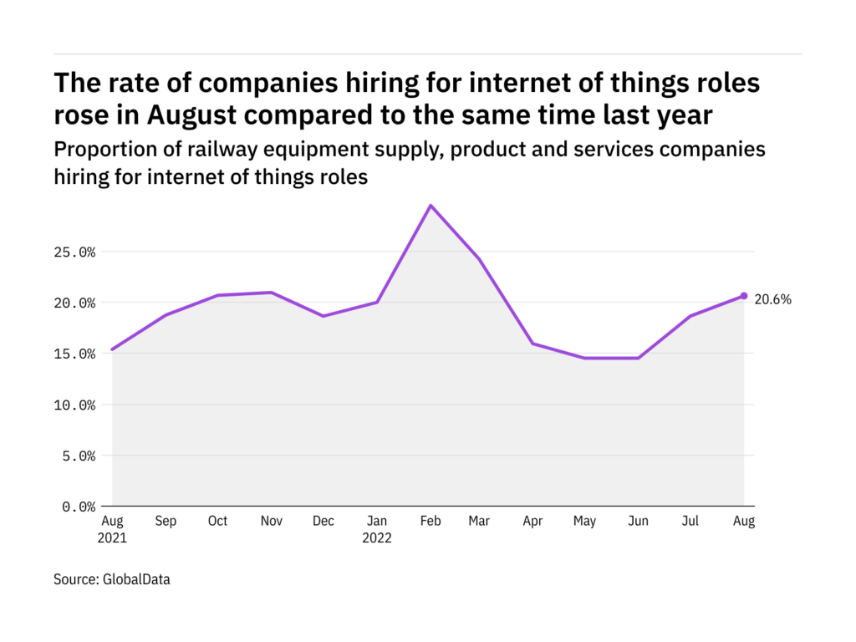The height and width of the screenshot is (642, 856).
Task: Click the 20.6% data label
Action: click(773, 298)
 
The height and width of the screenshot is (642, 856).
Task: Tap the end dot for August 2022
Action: click(744, 296)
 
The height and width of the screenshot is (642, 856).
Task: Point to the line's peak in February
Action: click(431, 205)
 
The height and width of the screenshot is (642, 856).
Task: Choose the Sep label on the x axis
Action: click(166, 522)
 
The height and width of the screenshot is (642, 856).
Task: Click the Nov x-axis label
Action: click(270, 522)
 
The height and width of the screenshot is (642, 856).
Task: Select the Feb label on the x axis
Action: click(429, 522)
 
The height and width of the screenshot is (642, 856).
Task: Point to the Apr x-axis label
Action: click(533, 522)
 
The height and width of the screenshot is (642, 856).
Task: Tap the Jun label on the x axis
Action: click(639, 522)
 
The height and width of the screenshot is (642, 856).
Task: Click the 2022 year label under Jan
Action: click(377, 538)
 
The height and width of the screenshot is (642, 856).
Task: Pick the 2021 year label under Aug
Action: click(112, 538)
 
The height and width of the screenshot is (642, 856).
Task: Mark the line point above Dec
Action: click(324, 316)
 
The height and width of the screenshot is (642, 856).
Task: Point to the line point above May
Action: click(586, 358)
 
